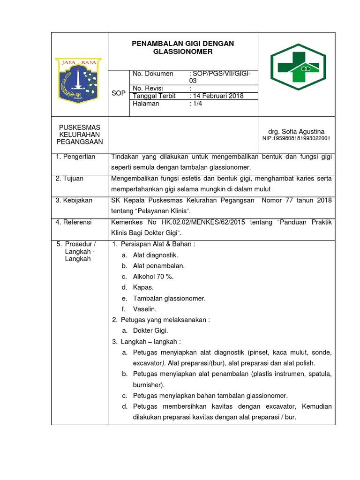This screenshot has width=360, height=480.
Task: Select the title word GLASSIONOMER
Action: click(183, 52)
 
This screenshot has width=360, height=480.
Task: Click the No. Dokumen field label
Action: click(153, 74)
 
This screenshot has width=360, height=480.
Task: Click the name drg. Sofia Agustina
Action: click(296, 132)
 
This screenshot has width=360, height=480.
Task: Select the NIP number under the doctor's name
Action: click(296, 139)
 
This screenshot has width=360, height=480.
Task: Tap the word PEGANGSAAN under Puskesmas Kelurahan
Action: click(80, 142)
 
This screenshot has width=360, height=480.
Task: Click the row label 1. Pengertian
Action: click(75, 157)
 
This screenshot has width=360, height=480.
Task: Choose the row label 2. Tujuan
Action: click(70, 179)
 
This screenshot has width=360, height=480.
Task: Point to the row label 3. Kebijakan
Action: click(74, 200)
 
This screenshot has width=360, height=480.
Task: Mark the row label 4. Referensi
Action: click(74, 222)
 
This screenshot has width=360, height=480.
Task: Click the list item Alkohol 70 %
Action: click(153, 277)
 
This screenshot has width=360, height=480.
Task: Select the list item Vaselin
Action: click(145, 309)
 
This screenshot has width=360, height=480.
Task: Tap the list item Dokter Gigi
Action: click(150, 330)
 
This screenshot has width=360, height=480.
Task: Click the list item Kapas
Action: click(143, 287)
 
